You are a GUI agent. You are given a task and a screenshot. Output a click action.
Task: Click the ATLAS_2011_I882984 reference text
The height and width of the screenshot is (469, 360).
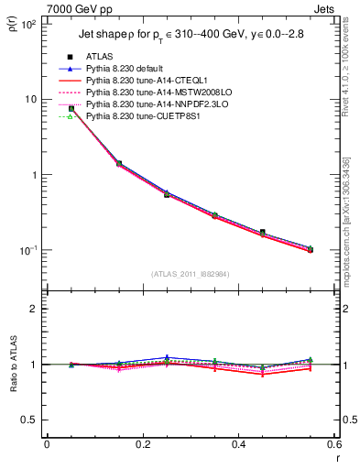click(x=191, y=273)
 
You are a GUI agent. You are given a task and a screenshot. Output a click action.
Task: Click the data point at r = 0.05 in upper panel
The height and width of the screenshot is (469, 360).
click(x=71, y=109)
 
